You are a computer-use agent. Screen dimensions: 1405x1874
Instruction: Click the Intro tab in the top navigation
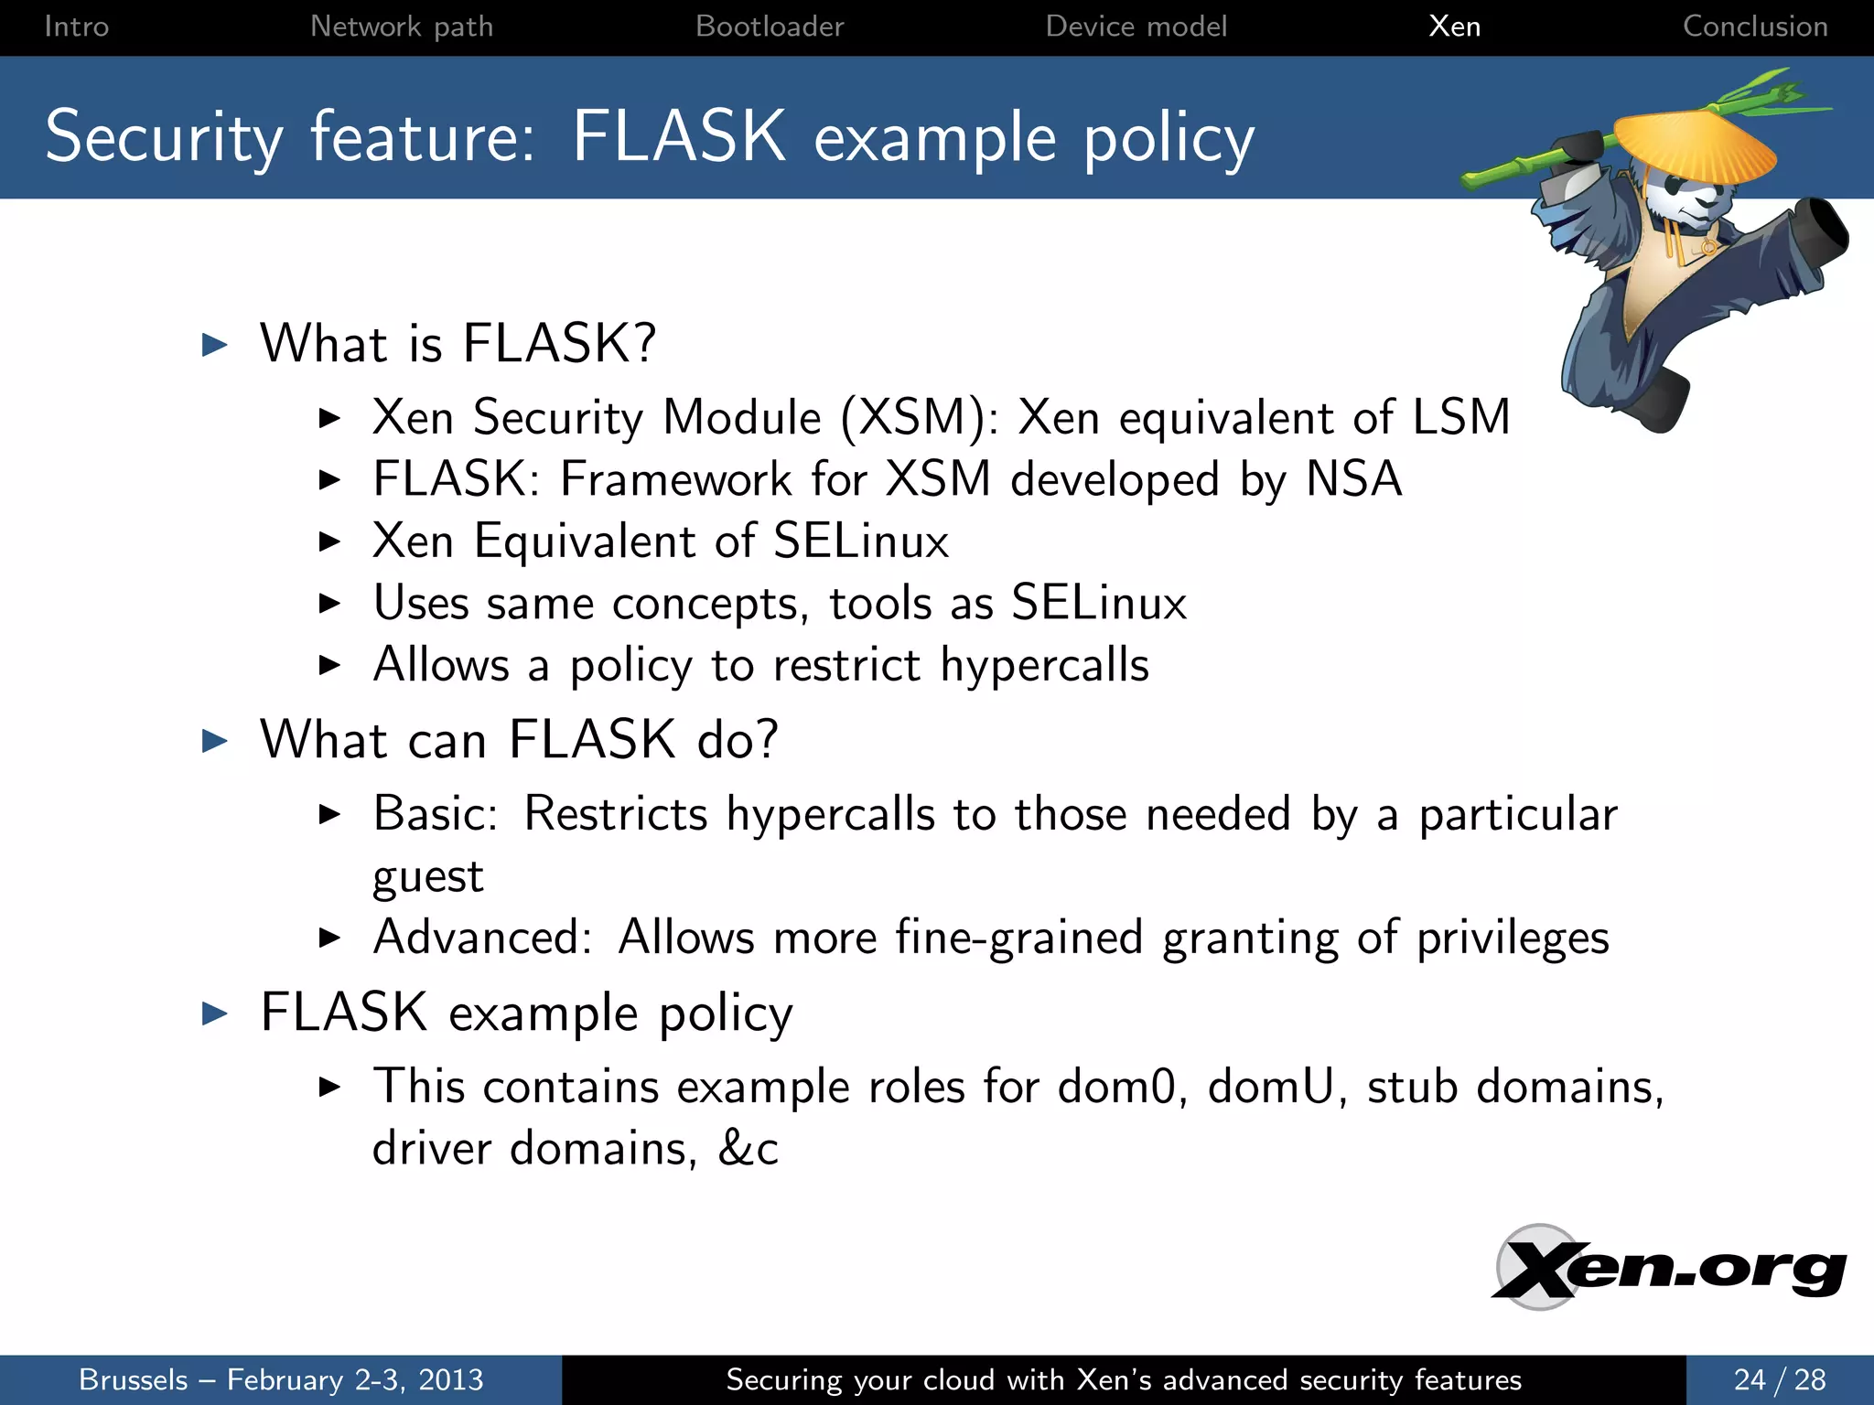[77, 27]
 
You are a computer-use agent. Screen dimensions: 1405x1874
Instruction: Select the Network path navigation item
[402, 27]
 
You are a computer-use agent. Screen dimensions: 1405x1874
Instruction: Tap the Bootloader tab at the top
[770, 27]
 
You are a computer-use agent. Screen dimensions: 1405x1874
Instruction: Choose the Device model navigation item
[1136, 27]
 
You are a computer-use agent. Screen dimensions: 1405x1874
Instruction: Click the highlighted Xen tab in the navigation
[1454, 27]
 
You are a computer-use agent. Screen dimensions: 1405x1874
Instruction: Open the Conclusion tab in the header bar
[1754, 27]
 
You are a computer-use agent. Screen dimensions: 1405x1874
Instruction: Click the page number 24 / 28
[1779, 1379]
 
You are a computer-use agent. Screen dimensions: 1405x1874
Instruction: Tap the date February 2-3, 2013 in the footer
[355, 1379]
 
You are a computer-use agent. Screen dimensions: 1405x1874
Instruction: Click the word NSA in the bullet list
[1353, 478]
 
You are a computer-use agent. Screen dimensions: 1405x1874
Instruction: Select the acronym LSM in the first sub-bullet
[1460, 417]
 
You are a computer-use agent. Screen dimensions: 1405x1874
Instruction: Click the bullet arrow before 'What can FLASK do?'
[214, 740]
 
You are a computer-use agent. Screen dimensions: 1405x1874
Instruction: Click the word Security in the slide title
[164, 137]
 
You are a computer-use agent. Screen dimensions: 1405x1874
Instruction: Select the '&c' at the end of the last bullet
[749, 1149]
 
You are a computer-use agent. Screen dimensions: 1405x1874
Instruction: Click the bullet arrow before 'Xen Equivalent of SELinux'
[329, 542]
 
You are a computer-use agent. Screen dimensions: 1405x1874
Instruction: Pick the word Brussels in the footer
[134, 1379]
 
